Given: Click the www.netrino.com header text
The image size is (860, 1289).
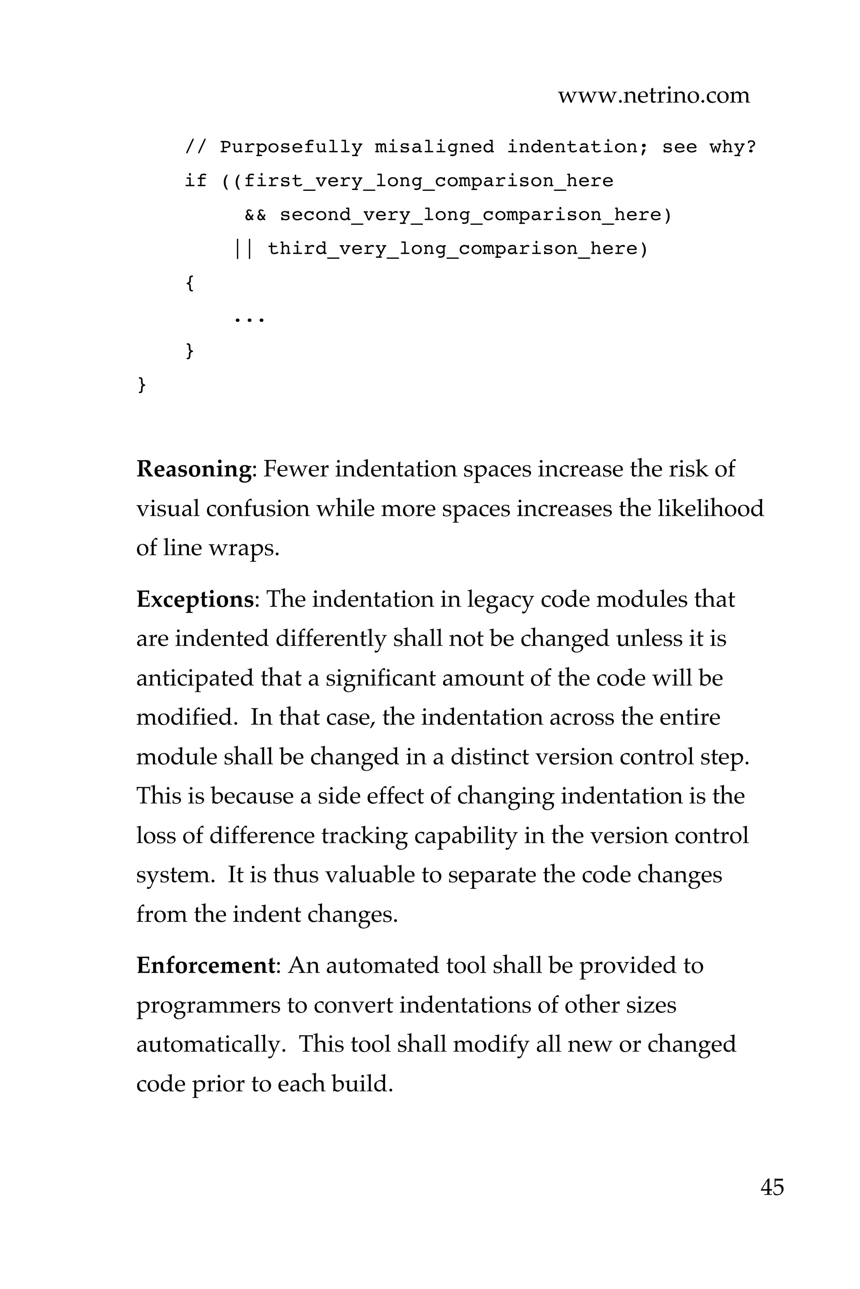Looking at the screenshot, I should (653, 96).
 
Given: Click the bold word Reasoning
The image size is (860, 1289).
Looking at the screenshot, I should (194, 470).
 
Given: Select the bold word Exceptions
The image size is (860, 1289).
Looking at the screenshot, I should (195, 600).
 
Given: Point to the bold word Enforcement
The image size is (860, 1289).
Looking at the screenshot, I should (205, 965).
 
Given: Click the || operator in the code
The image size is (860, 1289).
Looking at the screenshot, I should (243, 249).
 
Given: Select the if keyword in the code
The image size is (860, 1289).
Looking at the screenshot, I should (196, 181).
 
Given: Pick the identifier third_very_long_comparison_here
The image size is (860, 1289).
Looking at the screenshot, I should (453, 249).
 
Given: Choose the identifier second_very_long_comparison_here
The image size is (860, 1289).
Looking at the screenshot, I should (470, 215).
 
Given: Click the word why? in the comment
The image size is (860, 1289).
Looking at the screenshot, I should (733, 147).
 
